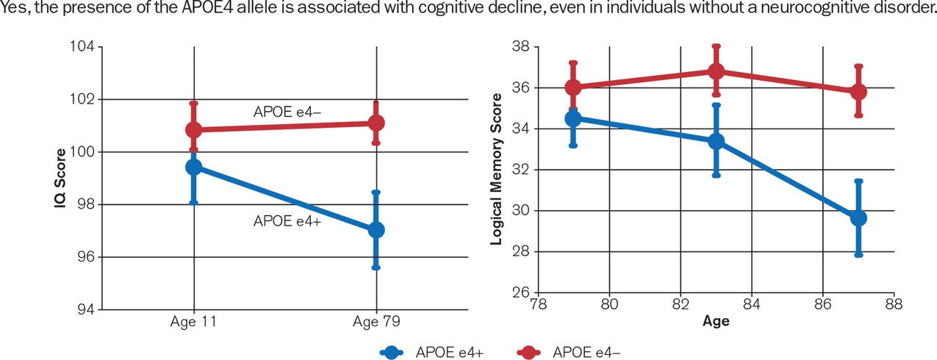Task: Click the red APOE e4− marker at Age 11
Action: coord(194,130)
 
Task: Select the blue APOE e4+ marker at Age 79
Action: coord(376,230)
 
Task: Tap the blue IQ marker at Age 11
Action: coord(194,168)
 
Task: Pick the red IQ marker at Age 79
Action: coord(376,123)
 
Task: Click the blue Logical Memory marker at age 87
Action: coord(858,218)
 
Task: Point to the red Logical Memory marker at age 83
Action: coord(717,71)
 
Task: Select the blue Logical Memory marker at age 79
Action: coord(573,118)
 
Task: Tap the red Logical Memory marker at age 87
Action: coord(858,92)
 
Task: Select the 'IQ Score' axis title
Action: coord(61,179)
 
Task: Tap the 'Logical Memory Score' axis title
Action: coord(497,169)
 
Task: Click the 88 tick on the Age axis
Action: coord(894,303)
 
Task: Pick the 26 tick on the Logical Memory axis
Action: coord(521,293)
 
